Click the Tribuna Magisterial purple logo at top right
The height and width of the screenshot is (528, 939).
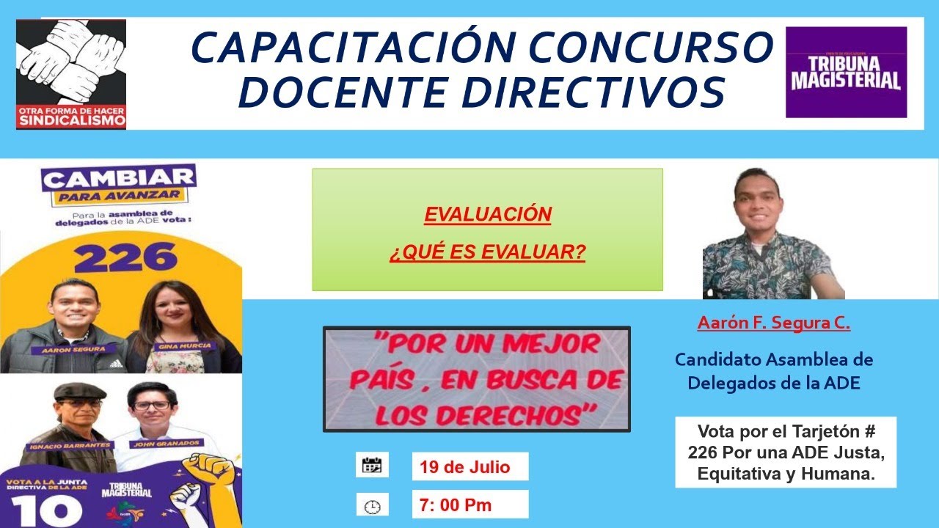pyautogui.click(x=846, y=72)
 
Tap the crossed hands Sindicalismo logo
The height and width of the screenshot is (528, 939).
pyautogui.click(x=71, y=74)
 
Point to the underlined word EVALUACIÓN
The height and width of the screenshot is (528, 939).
pyautogui.click(x=487, y=215)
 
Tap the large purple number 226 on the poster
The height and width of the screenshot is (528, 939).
pyautogui.click(x=125, y=257)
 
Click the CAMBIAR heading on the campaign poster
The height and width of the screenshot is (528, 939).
pyautogui.click(x=120, y=177)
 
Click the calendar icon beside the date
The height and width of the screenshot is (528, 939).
pyautogui.click(x=372, y=465)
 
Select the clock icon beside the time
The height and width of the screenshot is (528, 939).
pyautogui.click(x=372, y=506)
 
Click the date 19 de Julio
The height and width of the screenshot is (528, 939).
pyautogui.click(x=464, y=467)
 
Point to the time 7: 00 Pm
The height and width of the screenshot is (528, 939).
pyautogui.click(x=456, y=505)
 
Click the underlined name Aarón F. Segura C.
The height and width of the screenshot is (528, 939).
pyautogui.click(x=773, y=323)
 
